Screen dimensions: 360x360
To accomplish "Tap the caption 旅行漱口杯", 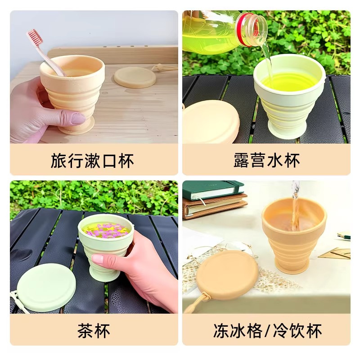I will click(x=92, y=161).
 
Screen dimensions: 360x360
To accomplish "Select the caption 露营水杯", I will click(x=266, y=161).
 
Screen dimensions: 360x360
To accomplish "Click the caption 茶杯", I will click(x=94, y=331).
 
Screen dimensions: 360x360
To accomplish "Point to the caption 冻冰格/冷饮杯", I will click(x=267, y=331).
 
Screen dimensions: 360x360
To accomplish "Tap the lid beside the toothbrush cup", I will click(x=135, y=76).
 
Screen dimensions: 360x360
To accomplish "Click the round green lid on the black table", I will click(x=46, y=287).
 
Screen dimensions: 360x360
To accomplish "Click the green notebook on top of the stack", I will click(x=213, y=190).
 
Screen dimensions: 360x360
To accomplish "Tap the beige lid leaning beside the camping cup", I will click(x=211, y=122).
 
